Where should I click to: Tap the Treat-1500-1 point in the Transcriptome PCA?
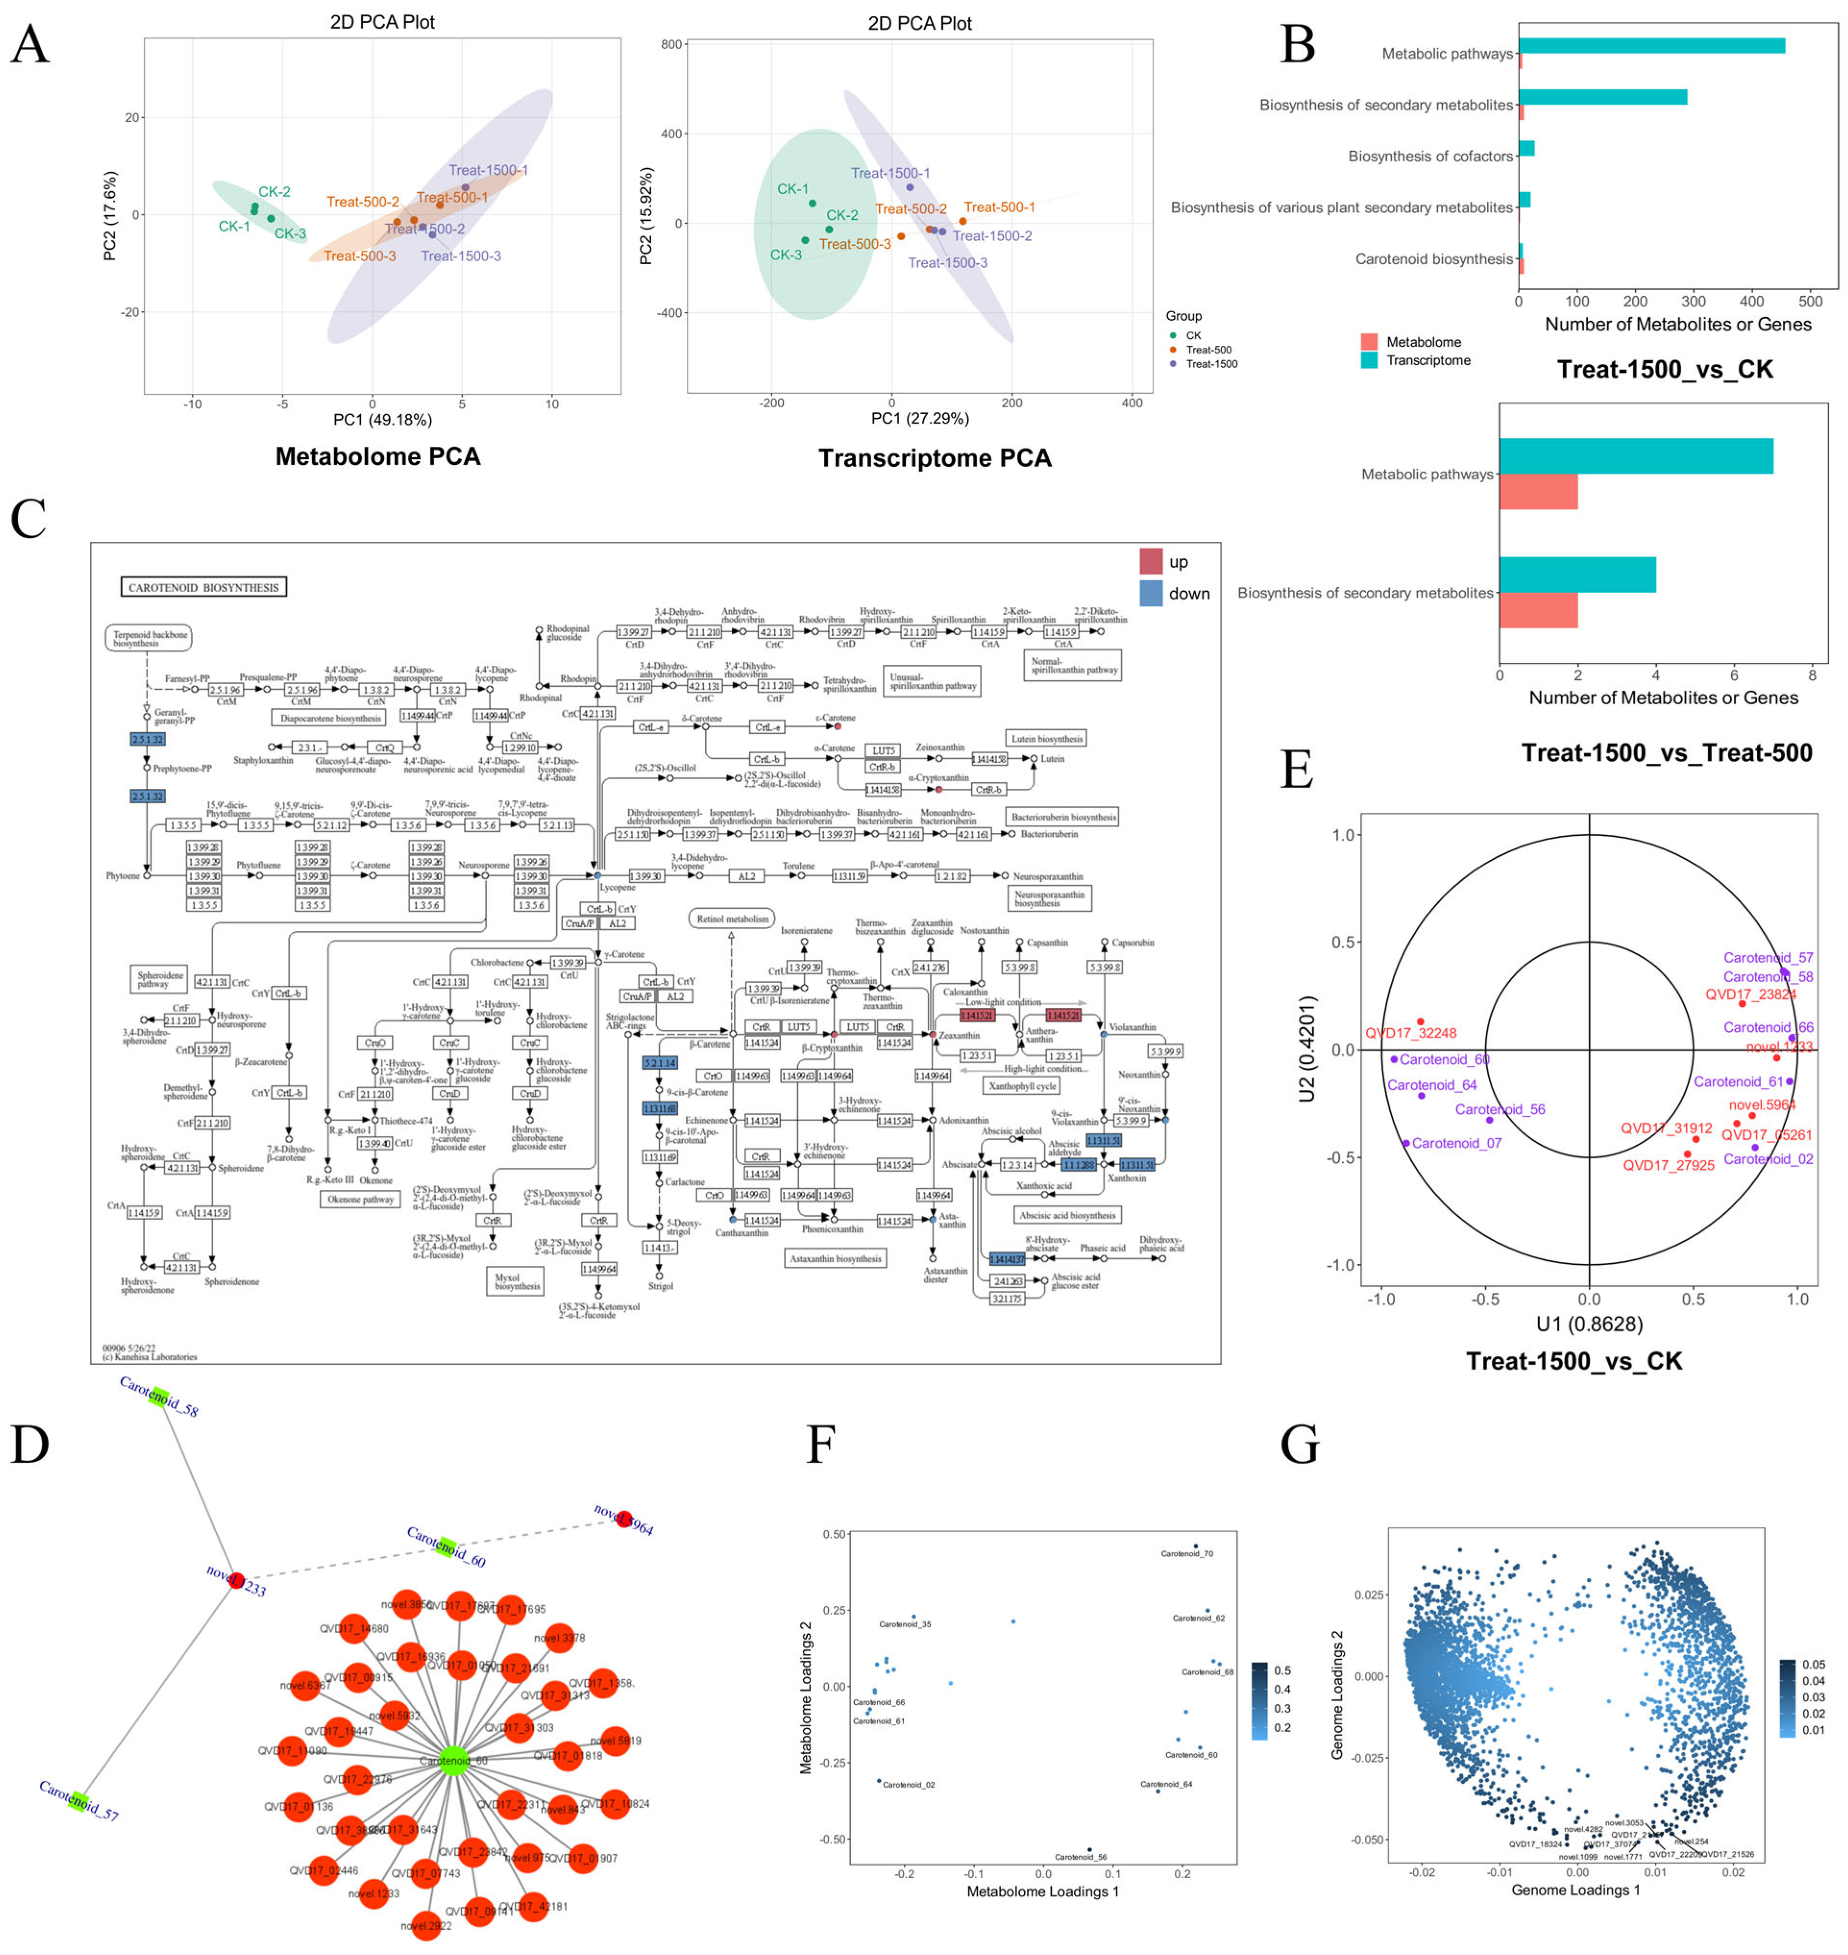coord(909,187)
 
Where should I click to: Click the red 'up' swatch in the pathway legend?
coord(1151,562)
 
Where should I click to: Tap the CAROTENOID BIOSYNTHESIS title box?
coord(204,587)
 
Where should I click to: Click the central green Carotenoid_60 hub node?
coord(453,1761)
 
